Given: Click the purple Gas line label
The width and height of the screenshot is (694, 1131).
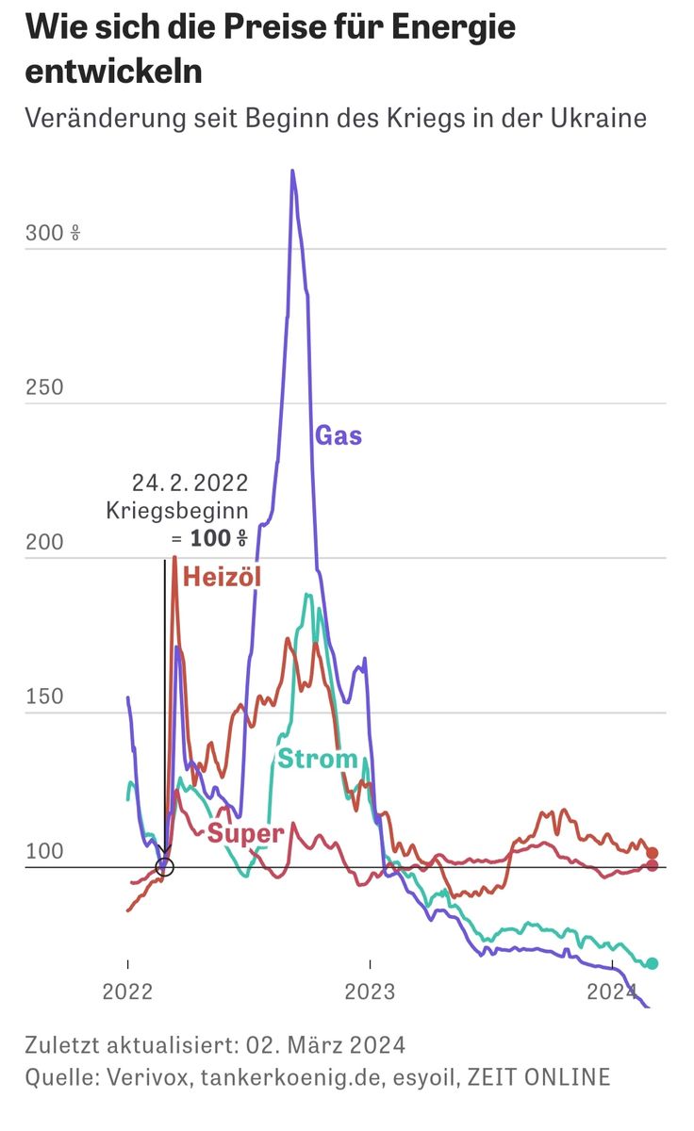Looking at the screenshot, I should (x=338, y=435).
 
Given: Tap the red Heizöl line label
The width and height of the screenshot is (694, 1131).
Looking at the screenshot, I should (x=222, y=577).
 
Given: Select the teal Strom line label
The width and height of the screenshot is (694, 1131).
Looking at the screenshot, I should (x=317, y=759).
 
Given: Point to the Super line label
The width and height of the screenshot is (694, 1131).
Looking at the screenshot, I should (x=246, y=833).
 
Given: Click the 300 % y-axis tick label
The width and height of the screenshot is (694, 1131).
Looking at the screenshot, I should (x=53, y=233).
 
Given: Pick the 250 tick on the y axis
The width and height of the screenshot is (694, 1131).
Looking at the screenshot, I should (x=44, y=387).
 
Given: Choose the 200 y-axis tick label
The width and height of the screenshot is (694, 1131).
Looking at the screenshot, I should (x=44, y=542).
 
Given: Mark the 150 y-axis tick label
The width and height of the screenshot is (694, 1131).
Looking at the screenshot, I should (x=44, y=697).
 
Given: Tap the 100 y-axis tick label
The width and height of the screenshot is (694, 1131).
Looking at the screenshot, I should (x=44, y=851).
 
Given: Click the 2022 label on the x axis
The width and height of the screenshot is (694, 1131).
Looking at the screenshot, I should (x=127, y=992).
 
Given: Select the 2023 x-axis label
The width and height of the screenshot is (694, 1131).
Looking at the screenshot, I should (x=371, y=992).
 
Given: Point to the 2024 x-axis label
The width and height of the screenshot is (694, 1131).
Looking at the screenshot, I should (x=612, y=992).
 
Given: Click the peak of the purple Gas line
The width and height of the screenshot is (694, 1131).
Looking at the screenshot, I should (x=292, y=172).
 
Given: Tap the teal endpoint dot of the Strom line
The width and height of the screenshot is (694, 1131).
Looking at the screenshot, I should (x=652, y=963).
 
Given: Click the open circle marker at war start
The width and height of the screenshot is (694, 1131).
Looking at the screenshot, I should (x=164, y=866).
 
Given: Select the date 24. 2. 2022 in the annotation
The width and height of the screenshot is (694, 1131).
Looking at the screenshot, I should (x=190, y=484).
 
